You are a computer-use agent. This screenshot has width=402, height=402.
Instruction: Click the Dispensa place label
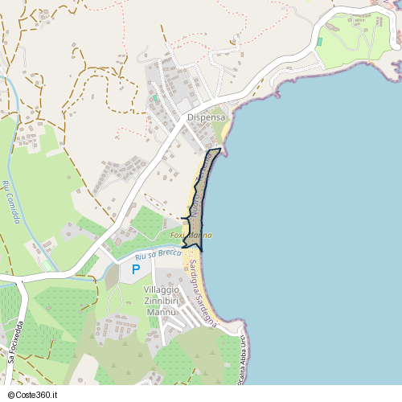[207, 117]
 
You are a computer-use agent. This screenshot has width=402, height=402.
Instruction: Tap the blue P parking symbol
[136, 269]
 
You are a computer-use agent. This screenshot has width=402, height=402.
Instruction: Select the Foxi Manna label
[191, 235]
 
